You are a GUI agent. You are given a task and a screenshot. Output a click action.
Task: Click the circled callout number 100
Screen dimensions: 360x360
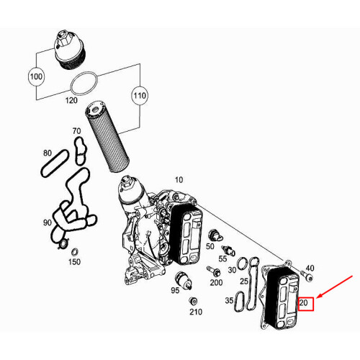[36, 77]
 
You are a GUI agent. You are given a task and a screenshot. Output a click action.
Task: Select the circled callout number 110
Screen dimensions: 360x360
[140, 96]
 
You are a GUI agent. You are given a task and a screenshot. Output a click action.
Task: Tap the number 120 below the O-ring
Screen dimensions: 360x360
[71, 100]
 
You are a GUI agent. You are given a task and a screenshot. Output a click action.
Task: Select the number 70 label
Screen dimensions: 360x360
[76, 131]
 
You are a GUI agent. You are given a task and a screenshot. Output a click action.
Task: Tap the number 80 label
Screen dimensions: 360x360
[48, 153]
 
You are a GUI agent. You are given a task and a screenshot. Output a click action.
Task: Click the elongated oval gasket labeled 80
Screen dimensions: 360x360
[55, 163]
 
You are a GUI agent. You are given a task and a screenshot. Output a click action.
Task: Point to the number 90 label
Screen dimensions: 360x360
[48, 222]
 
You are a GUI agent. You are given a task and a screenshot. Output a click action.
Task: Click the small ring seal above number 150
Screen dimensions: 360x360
[75, 253]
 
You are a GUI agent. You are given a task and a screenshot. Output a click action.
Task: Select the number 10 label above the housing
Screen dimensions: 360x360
[179, 180]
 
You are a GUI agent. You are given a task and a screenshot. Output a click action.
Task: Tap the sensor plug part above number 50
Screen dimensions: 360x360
[215, 235]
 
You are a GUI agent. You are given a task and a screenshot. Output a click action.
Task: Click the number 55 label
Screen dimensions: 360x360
[222, 258]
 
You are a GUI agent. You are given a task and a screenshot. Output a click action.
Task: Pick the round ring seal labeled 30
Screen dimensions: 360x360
[243, 264]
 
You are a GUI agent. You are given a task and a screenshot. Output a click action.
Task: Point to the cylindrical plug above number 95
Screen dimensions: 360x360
[184, 281]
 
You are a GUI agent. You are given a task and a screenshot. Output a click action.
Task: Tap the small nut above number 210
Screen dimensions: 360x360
[193, 301]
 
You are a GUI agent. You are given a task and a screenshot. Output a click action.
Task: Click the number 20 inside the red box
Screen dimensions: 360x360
[304, 303]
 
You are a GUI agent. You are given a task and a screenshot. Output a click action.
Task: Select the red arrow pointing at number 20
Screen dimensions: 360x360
[335, 287]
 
